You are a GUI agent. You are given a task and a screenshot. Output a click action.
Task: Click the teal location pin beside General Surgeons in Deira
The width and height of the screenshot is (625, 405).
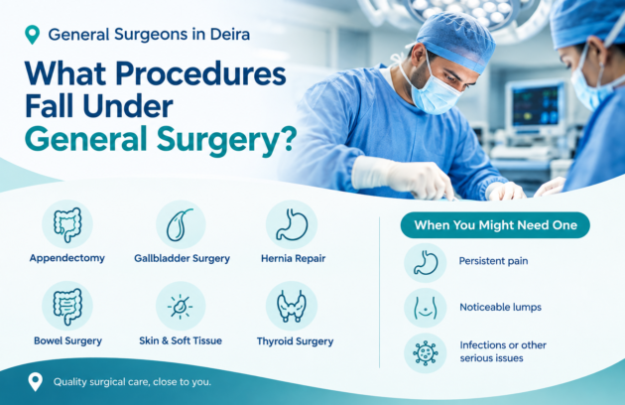[x=32, y=35]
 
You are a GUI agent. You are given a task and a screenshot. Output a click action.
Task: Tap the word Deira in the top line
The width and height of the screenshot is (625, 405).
[x=230, y=35]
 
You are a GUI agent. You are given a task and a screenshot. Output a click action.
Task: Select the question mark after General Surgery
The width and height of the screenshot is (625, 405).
[x=288, y=139]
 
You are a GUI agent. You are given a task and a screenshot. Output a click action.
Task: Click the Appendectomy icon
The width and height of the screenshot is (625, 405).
[x=67, y=224]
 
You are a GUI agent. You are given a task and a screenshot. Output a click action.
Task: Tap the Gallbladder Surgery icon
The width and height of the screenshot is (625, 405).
[x=181, y=224]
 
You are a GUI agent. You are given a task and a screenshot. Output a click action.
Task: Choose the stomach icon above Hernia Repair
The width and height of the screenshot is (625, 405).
[x=292, y=224]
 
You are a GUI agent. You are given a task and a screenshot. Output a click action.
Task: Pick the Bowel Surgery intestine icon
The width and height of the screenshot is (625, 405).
[x=67, y=306]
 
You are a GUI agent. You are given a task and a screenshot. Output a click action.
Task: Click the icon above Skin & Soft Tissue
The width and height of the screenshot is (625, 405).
[x=181, y=306]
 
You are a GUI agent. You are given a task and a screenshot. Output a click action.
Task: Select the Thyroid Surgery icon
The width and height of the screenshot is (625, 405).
[x=292, y=306]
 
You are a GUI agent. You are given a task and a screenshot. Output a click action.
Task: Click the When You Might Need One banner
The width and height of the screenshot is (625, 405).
[x=495, y=225]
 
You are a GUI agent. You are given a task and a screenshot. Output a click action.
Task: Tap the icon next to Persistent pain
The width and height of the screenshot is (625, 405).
[x=426, y=263]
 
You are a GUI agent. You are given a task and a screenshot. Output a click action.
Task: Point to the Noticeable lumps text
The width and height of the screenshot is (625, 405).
[x=501, y=308]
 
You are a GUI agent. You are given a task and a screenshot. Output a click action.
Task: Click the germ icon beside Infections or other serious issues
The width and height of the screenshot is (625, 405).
[x=426, y=353]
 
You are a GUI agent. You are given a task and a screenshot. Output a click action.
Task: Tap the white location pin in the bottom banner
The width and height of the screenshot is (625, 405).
[x=35, y=381]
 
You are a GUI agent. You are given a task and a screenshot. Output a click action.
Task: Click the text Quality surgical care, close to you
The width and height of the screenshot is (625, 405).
[x=132, y=382]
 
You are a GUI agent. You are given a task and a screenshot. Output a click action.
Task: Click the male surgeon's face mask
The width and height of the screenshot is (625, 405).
[x=434, y=93]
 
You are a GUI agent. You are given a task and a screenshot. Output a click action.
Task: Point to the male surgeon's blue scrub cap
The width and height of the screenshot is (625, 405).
[x=455, y=42]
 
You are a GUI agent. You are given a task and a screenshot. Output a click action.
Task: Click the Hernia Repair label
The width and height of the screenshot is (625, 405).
[x=294, y=258]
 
